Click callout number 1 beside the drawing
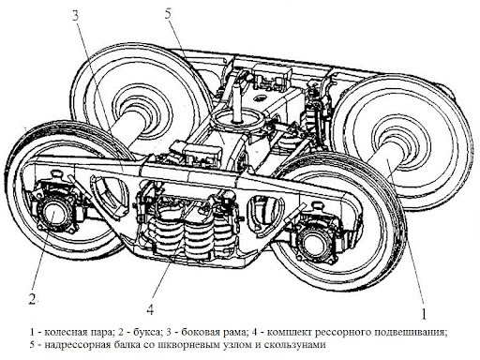point(424,313)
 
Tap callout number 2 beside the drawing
point(32,299)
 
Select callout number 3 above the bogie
point(76,15)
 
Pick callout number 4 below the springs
point(150,309)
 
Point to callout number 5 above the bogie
point(168,14)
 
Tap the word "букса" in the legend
point(148,332)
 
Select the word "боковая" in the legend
point(199,332)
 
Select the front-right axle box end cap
point(312,241)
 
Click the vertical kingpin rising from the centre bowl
point(236,101)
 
